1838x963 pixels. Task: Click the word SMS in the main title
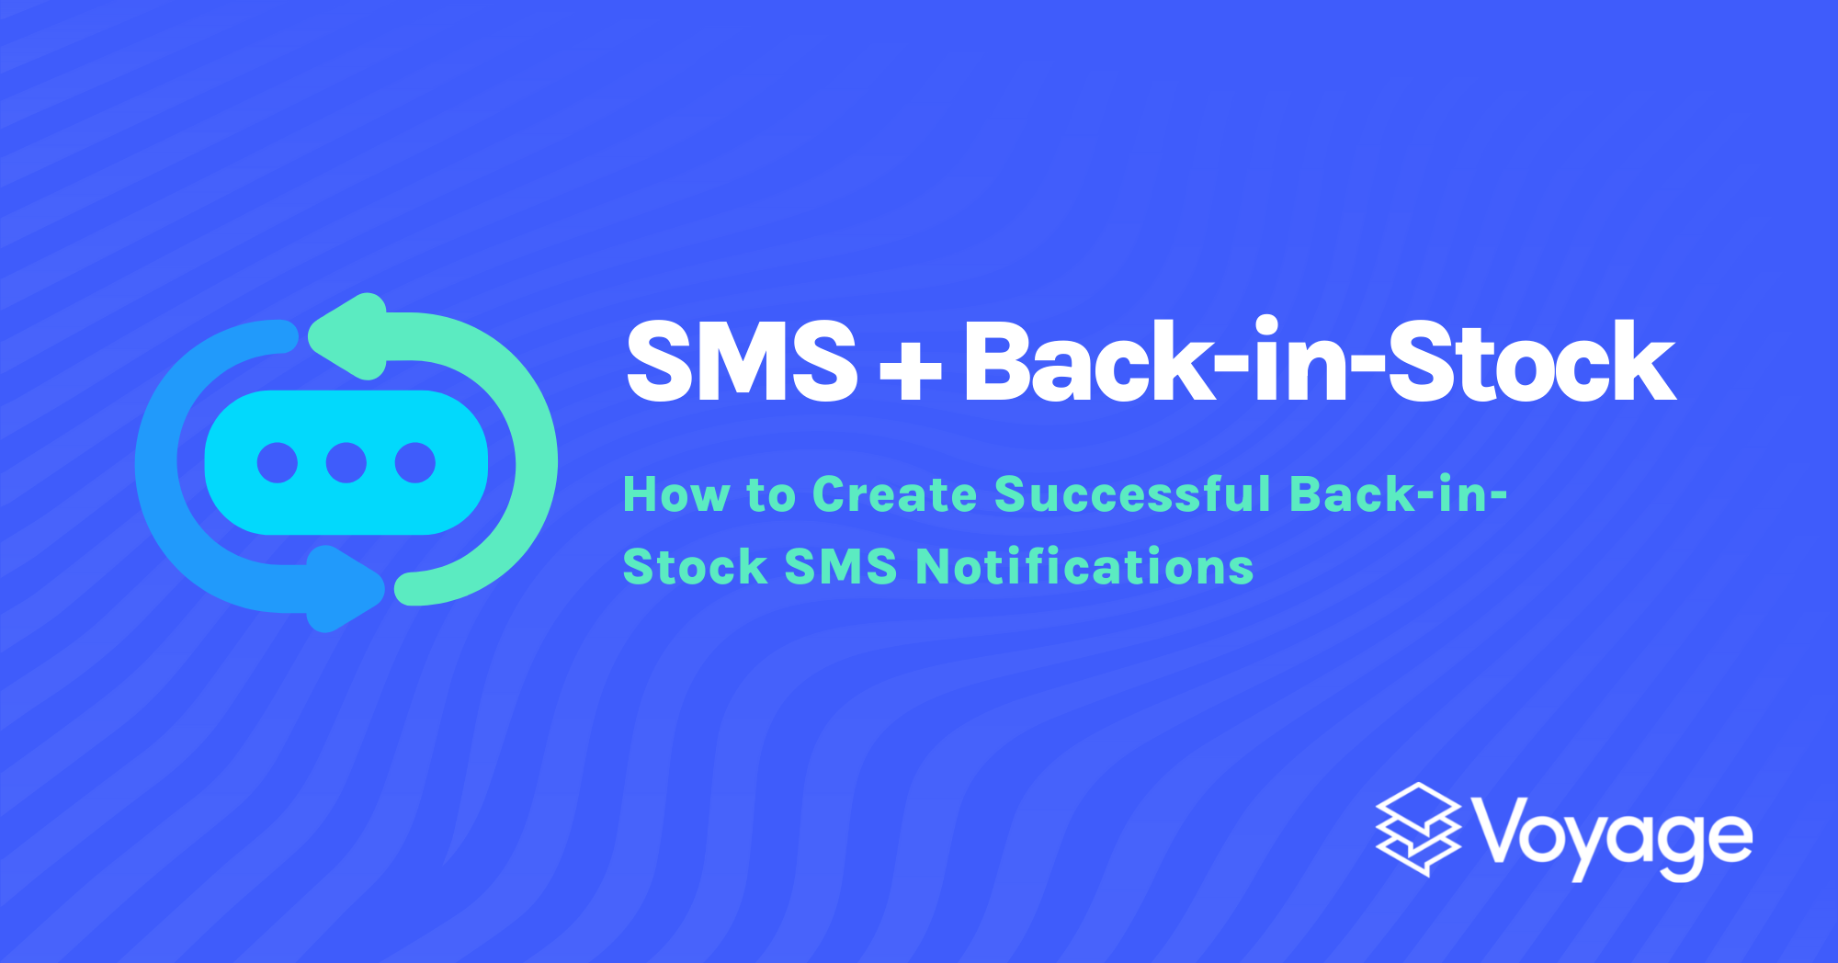tap(741, 362)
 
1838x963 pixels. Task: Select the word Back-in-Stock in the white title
tap(1320, 362)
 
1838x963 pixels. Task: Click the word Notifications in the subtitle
tap(1085, 566)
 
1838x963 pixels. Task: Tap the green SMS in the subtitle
tap(840, 566)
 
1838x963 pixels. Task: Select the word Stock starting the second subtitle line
tap(695, 566)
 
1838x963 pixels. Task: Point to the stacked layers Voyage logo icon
tap(1418, 829)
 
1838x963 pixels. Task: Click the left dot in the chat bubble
tap(278, 462)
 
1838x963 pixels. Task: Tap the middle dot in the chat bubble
tap(346, 462)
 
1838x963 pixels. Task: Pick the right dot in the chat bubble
tap(415, 462)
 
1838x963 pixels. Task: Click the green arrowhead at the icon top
tap(354, 336)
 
